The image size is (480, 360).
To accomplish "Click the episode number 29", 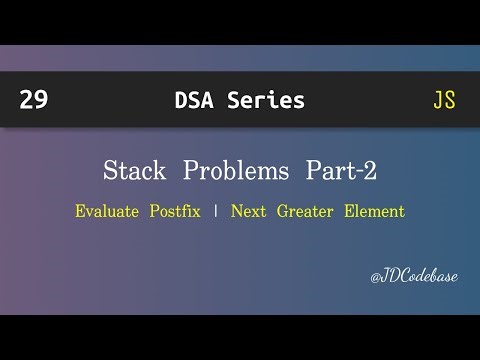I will click(x=33, y=100).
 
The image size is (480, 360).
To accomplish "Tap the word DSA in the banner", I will click(x=196, y=100).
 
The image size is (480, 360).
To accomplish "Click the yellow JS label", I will click(x=444, y=100).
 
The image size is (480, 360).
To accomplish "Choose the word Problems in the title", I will click(x=232, y=171).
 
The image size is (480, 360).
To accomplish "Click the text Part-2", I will click(x=341, y=171).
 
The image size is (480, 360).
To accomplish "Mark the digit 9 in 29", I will click(x=40, y=100).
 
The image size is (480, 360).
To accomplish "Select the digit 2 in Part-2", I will click(x=370, y=171).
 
